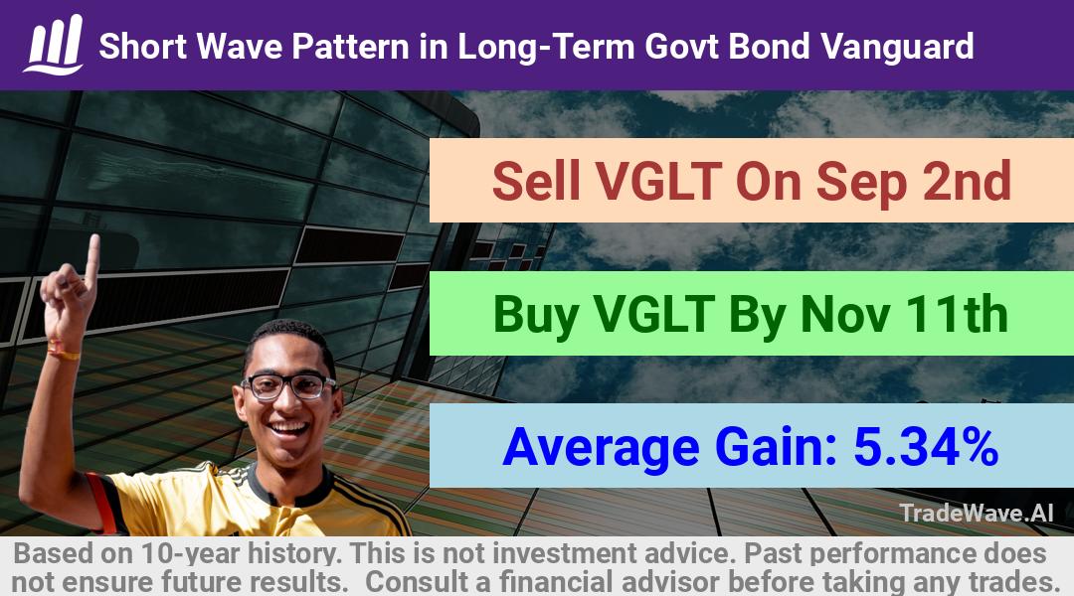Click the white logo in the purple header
click(x=54, y=45)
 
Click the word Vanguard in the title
click(x=897, y=47)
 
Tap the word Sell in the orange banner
click(x=536, y=181)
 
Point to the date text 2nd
click(x=967, y=181)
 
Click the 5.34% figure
click(x=926, y=447)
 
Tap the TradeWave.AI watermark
click(x=977, y=513)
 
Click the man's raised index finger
click(x=92, y=260)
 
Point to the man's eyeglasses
click(x=288, y=386)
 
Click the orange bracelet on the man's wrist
click(x=63, y=352)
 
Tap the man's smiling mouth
click(x=289, y=429)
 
